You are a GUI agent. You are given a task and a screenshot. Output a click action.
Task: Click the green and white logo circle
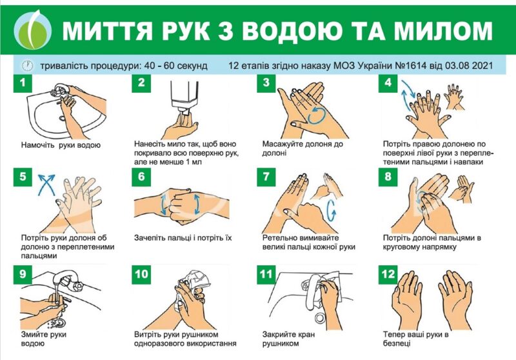click(x=33, y=30)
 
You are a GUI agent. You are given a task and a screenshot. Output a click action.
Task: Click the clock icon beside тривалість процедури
click(x=28, y=66)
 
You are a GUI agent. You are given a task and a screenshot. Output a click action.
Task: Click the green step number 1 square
click(x=23, y=83)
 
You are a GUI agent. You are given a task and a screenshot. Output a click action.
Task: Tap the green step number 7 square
click(x=266, y=177)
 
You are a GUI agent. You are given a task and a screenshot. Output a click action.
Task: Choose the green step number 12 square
click(x=388, y=274)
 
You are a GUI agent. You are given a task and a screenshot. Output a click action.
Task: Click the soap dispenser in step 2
click(x=184, y=97)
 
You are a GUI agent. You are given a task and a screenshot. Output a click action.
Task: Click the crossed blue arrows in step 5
click(x=46, y=185)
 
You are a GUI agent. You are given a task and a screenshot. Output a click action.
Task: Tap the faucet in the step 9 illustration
click(x=66, y=280)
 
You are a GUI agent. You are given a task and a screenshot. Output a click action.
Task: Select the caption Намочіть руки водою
click(x=61, y=145)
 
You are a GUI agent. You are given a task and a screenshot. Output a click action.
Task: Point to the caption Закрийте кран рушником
click(x=288, y=339)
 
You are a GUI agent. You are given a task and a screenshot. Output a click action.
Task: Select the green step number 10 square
click(x=141, y=274)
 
